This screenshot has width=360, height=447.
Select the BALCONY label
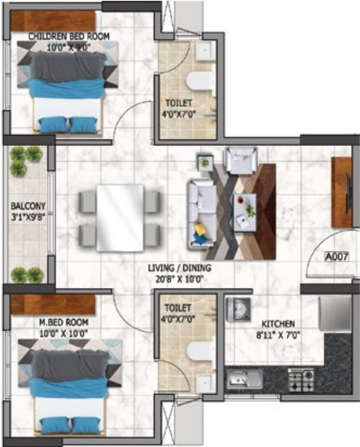pyautogui.click(x=28, y=206)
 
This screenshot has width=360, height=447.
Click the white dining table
pyautogui.click(x=120, y=218)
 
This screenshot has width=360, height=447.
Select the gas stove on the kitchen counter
pyautogui.click(x=301, y=380)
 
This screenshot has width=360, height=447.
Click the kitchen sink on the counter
pyautogui.click(x=245, y=380)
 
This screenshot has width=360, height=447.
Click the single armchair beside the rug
pyautogui.click(x=242, y=160)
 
